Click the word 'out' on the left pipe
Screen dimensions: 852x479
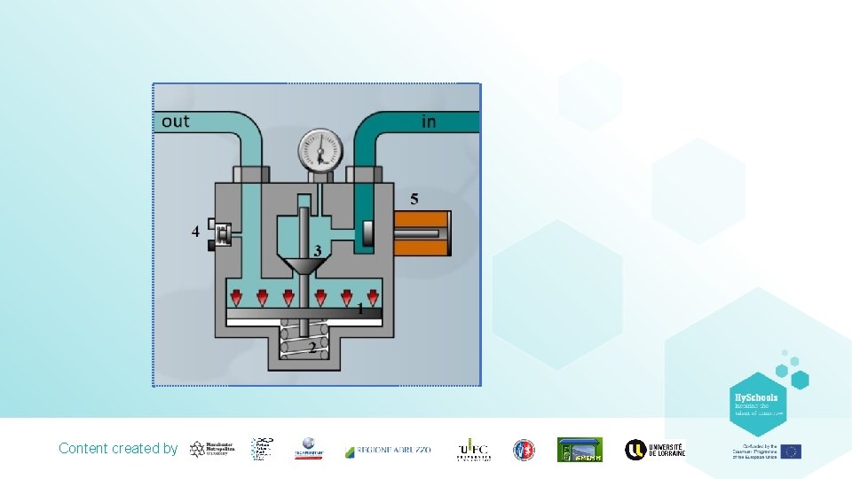tap(176, 121)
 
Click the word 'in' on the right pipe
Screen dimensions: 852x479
tap(429, 122)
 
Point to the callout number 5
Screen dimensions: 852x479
tap(414, 198)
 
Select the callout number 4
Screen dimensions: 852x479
tap(195, 232)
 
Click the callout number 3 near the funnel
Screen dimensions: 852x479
tap(317, 251)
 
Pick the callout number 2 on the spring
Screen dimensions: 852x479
tap(312, 348)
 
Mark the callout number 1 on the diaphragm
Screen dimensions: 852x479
tap(360, 309)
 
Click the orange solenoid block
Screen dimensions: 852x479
tap(422, 233)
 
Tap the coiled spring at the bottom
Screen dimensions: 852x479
tap(298, 340)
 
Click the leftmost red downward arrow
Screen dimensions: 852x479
tap(236, 295)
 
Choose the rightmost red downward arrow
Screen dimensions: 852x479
tap(373, 295)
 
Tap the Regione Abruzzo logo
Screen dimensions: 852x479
tap(388, 450)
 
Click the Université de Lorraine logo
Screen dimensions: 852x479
tap(655, 450)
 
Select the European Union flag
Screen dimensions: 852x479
tap(791, 452)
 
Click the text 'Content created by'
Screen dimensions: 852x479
tap(118, 449)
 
